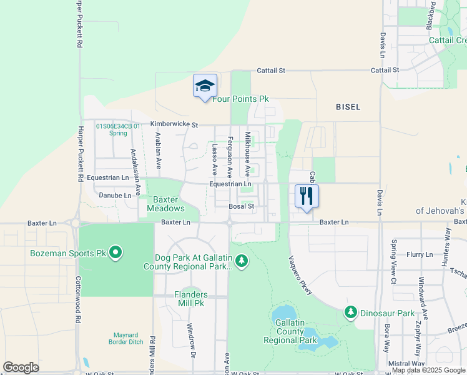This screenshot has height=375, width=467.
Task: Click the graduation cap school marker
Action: point(205,86)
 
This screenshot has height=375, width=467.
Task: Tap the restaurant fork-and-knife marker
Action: point(307,196)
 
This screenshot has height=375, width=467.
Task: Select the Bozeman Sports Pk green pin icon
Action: point(115,253)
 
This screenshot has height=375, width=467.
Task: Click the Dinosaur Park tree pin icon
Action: point(351,312)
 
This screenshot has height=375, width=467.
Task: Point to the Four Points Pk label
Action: point(240,99)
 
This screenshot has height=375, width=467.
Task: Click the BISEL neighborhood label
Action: point(348,107)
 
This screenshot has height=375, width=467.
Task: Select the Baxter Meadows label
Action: point(166,204)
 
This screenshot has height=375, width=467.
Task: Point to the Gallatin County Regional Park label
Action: point(288,331)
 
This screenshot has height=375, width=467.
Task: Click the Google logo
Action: point(21,367)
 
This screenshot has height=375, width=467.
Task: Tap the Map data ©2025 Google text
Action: point(428,371)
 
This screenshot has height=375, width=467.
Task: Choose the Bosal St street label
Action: point(242,206)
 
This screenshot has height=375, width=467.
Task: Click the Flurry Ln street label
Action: point(420,254)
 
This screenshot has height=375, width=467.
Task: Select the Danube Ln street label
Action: point(116,195)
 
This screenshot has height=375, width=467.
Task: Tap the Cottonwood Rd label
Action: point(78,299)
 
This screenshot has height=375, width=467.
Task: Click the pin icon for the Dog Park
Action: point(242,261)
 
